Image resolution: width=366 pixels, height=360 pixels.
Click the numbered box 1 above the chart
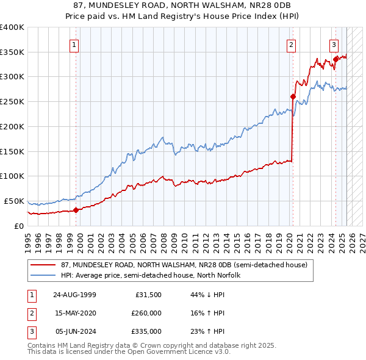tap(74, 44)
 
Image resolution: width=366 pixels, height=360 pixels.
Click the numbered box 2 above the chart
tap(292, 44)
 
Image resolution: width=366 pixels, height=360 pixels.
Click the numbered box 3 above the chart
tap(334, 44)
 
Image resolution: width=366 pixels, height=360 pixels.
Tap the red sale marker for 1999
tap(76, 210)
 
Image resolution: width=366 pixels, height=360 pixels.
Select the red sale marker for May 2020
tap(293, 96)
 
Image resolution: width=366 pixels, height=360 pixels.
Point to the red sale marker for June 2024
tap(335, 59)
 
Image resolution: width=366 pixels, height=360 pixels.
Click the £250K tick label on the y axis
tap(12, 102)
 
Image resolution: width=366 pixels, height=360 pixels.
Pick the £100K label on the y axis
tap(12, 176)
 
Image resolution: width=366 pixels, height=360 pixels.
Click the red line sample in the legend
tap(42, 265)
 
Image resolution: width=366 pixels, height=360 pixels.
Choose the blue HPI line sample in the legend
tap(42, 275)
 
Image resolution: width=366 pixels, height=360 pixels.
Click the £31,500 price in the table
tap(147, 295)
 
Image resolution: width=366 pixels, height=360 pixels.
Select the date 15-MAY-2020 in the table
tap(75, 313)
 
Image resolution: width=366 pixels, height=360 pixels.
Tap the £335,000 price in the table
tap(146, 331)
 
